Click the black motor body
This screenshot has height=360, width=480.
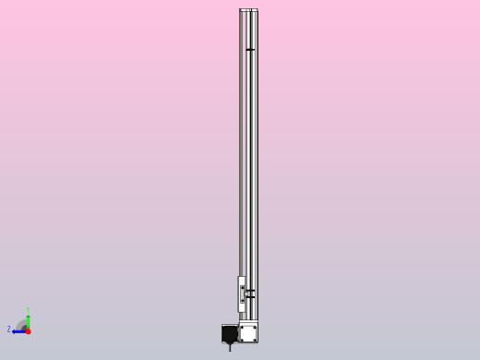(x=230, y=333)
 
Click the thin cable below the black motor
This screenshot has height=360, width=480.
(x=230, y=347)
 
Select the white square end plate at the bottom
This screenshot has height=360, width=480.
(x=248, y=332)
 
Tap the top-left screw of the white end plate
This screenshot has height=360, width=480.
(x=242, y=326)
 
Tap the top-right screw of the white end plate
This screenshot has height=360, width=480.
(x=255, y=326)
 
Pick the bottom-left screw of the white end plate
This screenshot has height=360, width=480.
(x=242, y=339)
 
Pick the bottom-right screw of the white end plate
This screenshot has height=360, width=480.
(x=255, y=339)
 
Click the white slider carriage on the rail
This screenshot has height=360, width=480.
(x=242, y=294)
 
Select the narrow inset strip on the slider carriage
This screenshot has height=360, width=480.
(x=243, y=294)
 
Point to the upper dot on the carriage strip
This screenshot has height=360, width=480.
(x=243, y=289)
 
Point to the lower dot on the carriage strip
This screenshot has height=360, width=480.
(x=243, y=300)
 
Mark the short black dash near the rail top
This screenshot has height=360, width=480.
(x=250, y=50)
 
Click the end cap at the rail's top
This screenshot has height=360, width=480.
(x=248, y=10)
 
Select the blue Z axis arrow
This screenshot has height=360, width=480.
(x=18, y=330)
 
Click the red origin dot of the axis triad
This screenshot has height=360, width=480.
(x=28, y=330)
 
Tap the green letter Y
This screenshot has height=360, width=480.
(x=28, y=311)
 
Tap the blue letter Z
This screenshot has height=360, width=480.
(x=8, y=330)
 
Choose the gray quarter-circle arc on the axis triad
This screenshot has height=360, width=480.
(x=21, y=324)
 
